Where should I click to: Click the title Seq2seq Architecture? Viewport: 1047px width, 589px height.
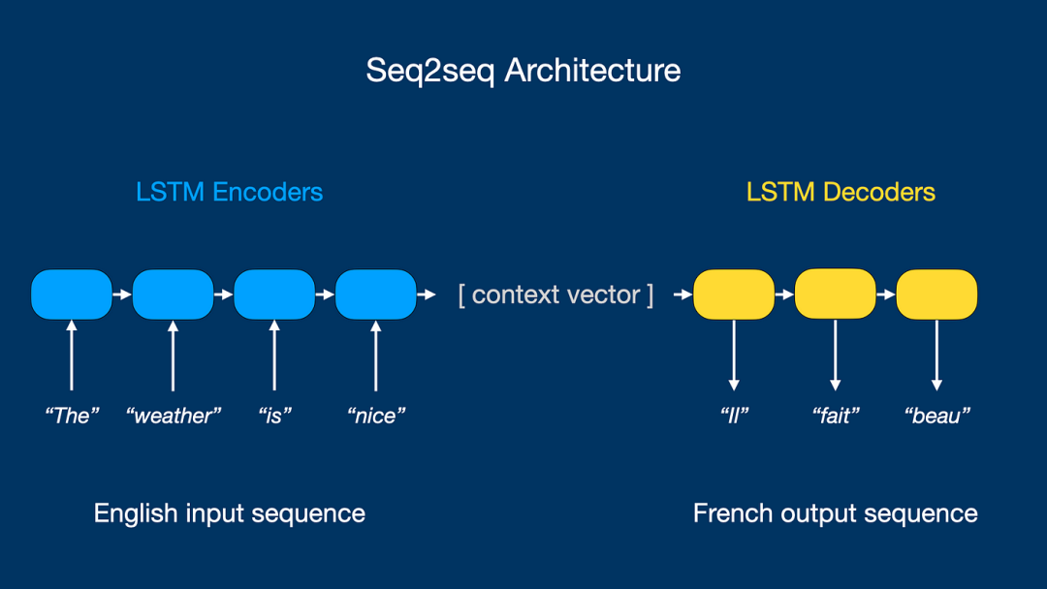click(x=523, y=71)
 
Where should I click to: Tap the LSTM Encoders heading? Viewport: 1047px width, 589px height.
click(x=229, y=192)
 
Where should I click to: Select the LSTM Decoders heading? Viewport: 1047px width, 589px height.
click(x=841, y=192)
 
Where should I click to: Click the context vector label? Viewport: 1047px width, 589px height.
click(x=555, y=294)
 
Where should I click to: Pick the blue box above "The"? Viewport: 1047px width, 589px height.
click(x=72, y=294)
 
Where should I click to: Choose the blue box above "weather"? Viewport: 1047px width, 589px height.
click(x=173, y=294)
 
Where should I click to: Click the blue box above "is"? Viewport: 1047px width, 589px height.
click(x=274, y=294)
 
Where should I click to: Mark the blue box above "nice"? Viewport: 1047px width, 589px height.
click(x=375, y=294)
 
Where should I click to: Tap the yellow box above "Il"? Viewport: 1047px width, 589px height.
click(x=734, y=294)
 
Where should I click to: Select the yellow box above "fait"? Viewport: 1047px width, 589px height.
click(x=835, y=294)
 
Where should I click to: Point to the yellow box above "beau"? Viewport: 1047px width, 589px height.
click(x=936, y=294)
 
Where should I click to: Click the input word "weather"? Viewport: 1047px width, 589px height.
click(x=174, y=416)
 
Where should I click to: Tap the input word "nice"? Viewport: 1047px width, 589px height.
click(x=376, y=416)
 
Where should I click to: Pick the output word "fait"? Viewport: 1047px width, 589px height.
click(x=836, y=416)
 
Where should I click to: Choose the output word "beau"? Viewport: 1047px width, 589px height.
click(x=937, y=416)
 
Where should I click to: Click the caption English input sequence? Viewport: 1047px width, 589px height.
click(x=229, y=513)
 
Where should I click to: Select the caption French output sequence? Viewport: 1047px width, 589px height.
click(x=835, y=513)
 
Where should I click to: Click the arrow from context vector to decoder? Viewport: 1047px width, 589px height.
click(x=680, y=294)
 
